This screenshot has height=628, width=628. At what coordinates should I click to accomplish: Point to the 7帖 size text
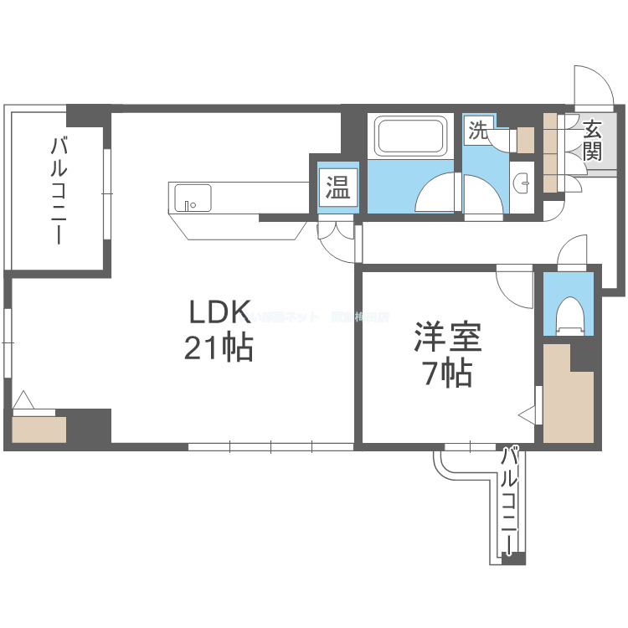click(447, 373)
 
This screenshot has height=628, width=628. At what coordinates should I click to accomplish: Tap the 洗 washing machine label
click(477, 130)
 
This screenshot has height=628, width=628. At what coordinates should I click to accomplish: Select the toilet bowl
click(569, 315)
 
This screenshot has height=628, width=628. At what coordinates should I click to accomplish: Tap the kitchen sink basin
click(192, 199)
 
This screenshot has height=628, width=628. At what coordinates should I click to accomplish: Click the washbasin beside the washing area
click(522, 180)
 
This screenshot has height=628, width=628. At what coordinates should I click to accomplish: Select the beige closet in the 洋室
click(568, 394)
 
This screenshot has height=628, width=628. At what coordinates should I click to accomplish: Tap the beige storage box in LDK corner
click(39, 430)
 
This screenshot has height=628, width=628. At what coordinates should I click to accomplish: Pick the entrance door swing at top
click(591, 87)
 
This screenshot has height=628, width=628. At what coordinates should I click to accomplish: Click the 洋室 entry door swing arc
click(512, 287)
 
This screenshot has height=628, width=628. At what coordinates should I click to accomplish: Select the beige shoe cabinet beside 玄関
click(550, 151)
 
